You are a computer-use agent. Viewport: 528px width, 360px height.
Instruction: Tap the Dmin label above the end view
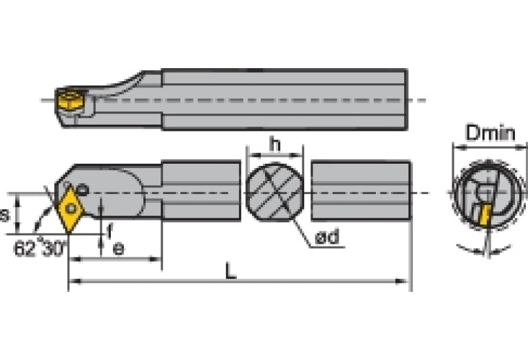(x=490, y=133)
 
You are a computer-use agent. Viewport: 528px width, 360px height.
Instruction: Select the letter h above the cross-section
(x=275, y=145)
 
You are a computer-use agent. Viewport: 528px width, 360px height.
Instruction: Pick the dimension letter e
(x=118, y=248)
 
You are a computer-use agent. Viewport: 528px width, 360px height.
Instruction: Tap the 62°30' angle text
(x=40, y=249)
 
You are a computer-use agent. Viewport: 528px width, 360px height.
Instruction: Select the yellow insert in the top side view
(x=70, y=100)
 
